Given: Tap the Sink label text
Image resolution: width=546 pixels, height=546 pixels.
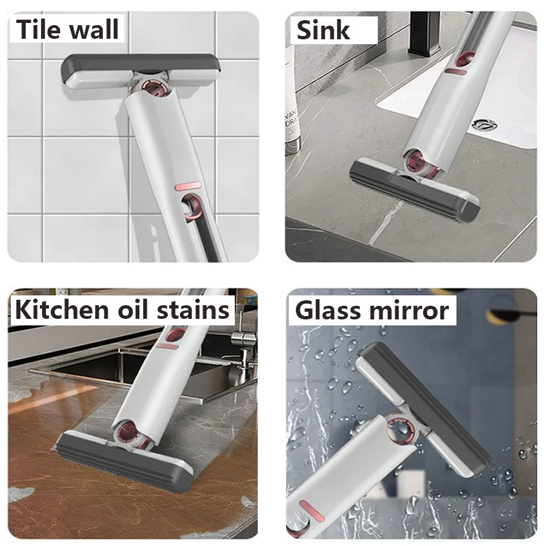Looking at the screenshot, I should click(323, 29).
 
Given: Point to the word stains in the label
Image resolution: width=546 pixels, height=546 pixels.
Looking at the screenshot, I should click(194, 310).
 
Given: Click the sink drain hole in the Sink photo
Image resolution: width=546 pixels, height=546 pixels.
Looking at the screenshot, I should click(484, 124).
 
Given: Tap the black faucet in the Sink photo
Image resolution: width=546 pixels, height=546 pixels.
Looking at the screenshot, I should click(424, 33).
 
